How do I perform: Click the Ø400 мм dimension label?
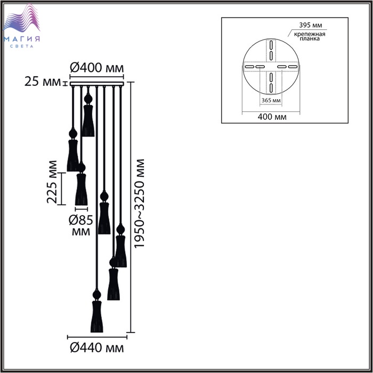pos(97,68)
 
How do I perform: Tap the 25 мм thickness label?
pos(43,82)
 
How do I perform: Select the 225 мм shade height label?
pos(52,182)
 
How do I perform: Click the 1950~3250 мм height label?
pos(139,204)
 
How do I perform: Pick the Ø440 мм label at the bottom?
pos(97,348)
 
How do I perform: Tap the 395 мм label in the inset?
pos(311,25)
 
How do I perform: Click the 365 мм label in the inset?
pos(271,100)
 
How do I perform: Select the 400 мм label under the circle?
pos(272,117)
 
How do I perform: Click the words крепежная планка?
pos(310,36)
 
